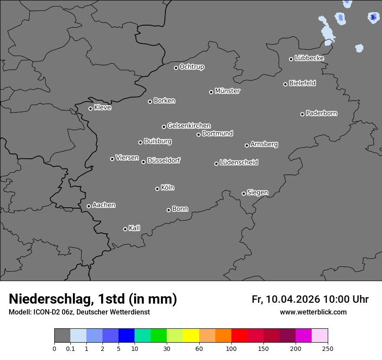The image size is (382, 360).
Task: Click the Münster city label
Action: tap(227, 91)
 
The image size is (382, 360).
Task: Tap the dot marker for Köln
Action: tap(157, 189)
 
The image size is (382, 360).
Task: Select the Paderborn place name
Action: tap(322, 113)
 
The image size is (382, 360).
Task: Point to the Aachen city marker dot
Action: tap(89, 206)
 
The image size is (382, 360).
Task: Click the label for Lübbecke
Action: tap(310, 58)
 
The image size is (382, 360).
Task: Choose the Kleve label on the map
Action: tap(103, 108)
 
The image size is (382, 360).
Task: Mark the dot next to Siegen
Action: tap(244, 193)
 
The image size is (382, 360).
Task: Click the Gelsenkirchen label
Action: tap(189, 126)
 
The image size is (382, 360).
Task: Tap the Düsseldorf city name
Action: tap(164, 160)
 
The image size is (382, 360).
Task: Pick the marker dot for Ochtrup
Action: tap(176, 68)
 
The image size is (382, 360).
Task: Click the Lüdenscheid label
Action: tap(239, 163)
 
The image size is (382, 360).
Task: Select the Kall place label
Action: tap(135, 228)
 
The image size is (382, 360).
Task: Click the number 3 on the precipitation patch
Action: tap(372, 17)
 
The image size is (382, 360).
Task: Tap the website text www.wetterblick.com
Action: tap(313, 312)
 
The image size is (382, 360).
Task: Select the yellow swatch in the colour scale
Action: tap(191, 336)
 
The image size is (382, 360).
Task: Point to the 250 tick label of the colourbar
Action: tap(328, 349)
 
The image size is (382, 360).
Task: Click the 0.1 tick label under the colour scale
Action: tap(70, 349)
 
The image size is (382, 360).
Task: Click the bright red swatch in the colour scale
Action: tap(239, 336)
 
